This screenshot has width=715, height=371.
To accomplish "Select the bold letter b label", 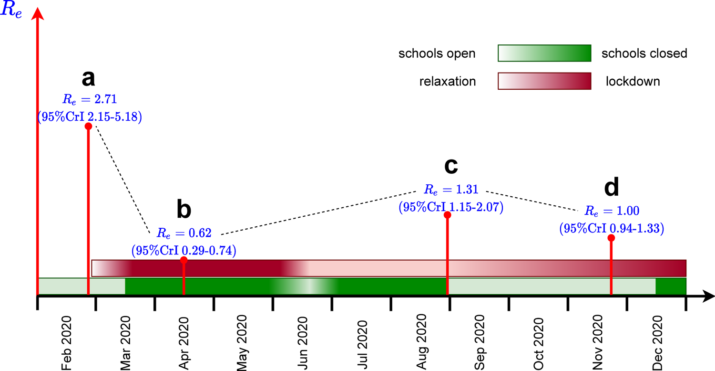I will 184,209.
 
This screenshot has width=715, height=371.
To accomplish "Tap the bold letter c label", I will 451,166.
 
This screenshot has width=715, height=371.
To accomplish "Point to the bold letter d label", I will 611,188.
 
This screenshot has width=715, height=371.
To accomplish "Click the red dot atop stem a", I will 88,126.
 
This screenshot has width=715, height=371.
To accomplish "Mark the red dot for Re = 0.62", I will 184,260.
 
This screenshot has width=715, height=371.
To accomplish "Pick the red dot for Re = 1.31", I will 447,215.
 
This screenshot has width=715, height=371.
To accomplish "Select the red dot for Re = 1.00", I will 611,238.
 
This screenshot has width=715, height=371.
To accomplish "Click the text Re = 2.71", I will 90,100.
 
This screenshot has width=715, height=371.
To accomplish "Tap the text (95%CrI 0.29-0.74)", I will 184,250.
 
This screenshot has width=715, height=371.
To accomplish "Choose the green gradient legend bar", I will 544,53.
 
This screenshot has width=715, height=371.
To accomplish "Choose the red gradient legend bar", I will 544,81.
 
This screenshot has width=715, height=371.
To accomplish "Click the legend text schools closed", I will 644,53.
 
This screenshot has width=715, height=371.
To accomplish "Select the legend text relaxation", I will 448,82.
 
